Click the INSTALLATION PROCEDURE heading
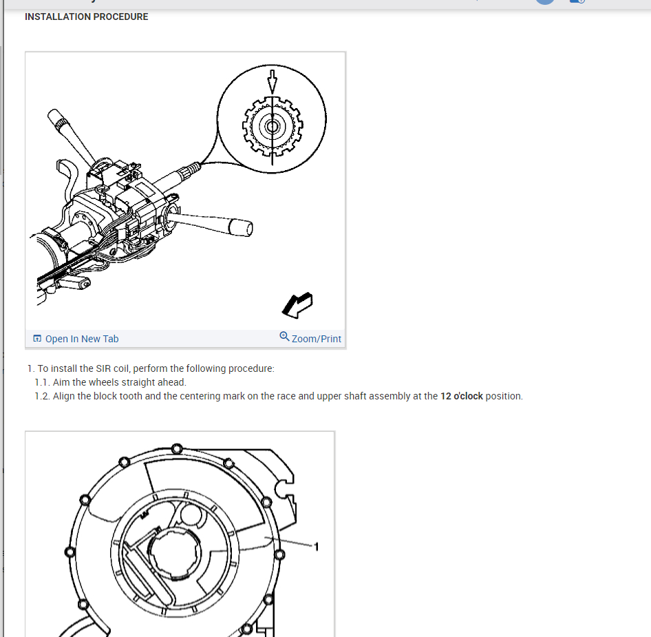pyautogui.click(x=86, y=17)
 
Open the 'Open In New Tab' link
pyautogui.click(x=81, y=339)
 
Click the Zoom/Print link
pyautogui.click(x=316, y=339)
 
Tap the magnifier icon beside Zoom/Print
pyautogui.click(x=284, y=337)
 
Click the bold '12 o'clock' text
pyautogui.click(x=461, y=396)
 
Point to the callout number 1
pyautogui.click(x=316, y=546)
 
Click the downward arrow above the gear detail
pyautogui.click(x=273, y=81)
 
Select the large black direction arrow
pyautogui.click(x=297, y=304)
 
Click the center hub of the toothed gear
pyautogui.click(x=273, y=127)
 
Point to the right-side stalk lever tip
pyautogui.click(x=242, y=227)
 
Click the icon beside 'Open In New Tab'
pyautogui.click(x=37, y=339)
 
